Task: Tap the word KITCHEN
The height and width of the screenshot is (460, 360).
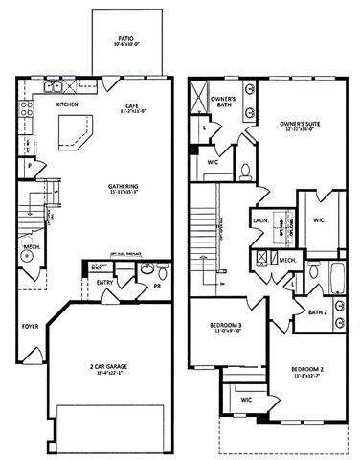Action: (67, 103)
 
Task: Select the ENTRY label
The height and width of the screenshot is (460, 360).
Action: (104, 284)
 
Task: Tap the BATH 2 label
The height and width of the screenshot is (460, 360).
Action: (318, 312)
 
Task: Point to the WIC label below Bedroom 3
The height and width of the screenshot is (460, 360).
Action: (245, 399)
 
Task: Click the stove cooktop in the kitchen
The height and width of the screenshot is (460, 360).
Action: (27, 101)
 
